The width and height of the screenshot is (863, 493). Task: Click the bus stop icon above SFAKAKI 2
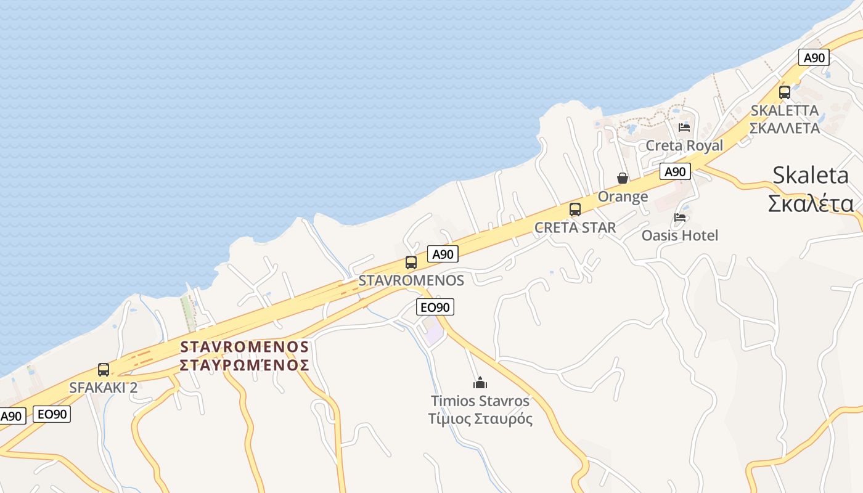[104, 370]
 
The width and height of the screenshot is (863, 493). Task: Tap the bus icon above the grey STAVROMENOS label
[411, 262]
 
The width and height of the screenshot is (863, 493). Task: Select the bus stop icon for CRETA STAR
[575, 210]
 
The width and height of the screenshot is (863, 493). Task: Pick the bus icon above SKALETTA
[785, 92]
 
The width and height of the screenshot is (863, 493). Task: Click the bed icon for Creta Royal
[684, 128]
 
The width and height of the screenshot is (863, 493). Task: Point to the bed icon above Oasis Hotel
[680, 218]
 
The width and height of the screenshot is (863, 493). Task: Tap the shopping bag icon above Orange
[623, 179]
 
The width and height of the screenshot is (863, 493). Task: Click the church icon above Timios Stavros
[480, 383]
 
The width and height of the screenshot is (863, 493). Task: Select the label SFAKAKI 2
[104, 388]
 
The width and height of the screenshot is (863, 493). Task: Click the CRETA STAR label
[575, 227]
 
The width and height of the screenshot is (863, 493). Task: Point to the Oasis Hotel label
[680, 235]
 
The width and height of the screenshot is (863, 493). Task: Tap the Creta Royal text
[684, 145]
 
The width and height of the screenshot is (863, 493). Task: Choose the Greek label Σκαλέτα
[811, 203]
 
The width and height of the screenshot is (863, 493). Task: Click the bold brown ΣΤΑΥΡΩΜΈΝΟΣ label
[244, 365]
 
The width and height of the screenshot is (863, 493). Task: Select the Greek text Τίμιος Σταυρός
[480, 419]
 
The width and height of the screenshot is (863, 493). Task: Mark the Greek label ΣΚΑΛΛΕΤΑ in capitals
[785, 128]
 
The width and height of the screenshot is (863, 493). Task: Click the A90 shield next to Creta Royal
[675, 171]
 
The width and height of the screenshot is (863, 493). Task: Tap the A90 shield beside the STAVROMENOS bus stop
[443, 254]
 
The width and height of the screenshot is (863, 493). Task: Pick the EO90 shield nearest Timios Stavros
[436, 307]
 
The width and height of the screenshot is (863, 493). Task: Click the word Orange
[623, 197]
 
